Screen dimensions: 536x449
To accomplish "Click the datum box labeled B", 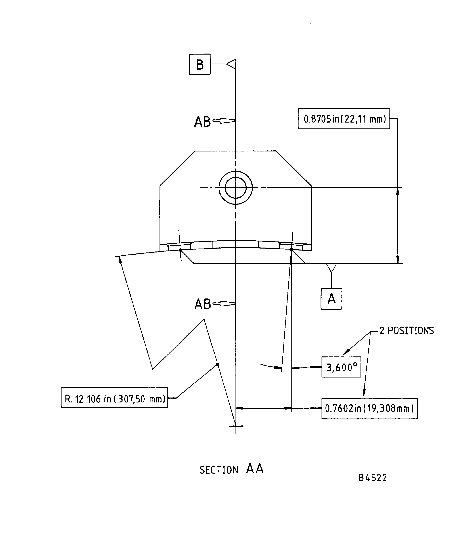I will tap(200, 64).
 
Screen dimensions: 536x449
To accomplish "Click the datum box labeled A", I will tap(331, 299).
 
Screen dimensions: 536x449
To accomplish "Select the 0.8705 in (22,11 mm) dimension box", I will tap(344, 119).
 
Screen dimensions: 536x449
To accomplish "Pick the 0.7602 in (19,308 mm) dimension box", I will tap(369, 408).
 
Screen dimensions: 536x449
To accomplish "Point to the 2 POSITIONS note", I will tap(407, 331).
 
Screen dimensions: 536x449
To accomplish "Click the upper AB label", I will tap(202, 122).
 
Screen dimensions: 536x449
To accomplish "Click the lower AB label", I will tap(202, 304).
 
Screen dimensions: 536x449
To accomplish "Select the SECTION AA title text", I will tap(231, 469).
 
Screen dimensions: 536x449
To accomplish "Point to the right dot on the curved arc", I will tap(291, 249).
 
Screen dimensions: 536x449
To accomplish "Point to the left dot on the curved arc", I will tap(180, 250).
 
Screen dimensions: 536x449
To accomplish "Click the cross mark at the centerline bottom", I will tap(236, 426).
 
